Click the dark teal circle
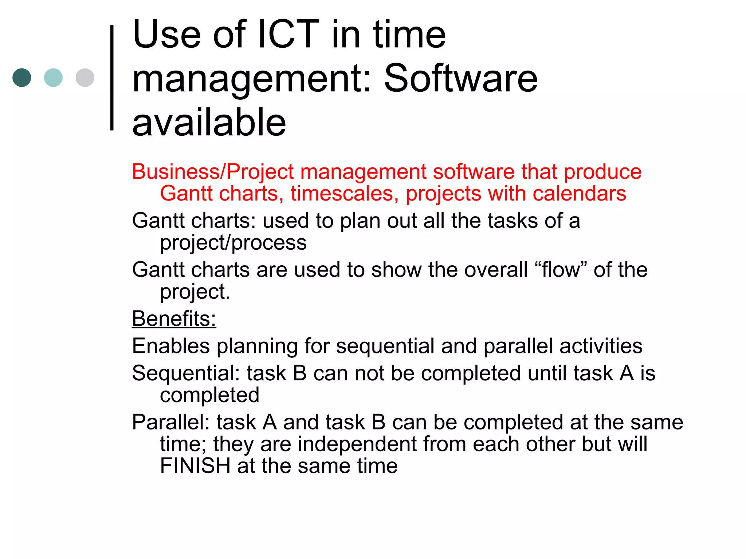22,78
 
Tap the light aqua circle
53,78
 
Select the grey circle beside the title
85,78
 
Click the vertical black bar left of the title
112,78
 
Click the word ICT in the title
288,35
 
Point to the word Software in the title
460,78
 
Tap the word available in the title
209,123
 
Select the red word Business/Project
213,172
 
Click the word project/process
233,243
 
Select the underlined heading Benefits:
174,319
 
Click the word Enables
171,346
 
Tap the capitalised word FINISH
195,466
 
